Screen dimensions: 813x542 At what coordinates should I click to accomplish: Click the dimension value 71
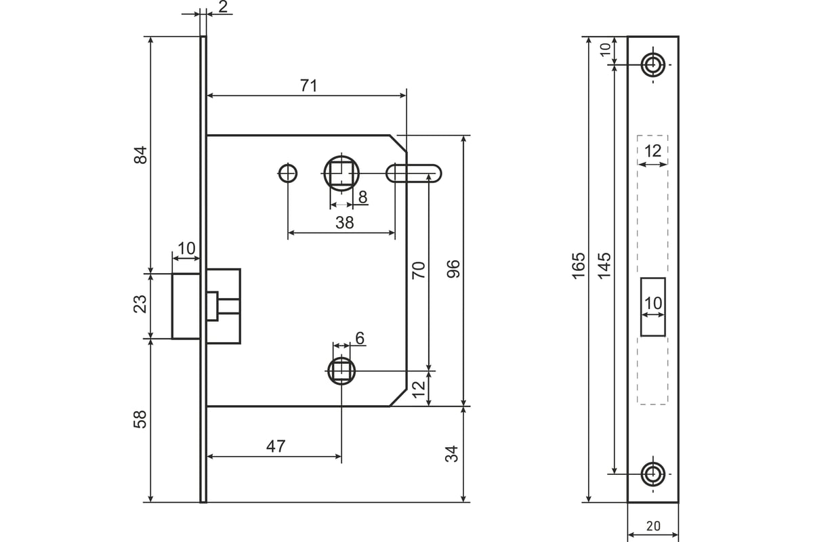[x=309, y=85]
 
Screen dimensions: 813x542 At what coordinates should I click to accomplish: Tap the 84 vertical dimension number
[x=140, y=155]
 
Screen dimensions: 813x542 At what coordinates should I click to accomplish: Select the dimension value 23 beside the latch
[x=140, y=304]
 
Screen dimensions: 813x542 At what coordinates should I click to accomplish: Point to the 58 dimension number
[x=140, y=419]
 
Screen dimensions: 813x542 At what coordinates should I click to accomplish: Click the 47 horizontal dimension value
[x=276, y=446]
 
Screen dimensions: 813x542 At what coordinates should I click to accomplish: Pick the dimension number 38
[x=344, y=222]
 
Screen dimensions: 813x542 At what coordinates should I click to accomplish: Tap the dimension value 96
[x=453, y=269]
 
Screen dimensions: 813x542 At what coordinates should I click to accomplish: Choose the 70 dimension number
[x=419, y=270]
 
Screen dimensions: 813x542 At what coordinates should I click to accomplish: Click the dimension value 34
[x=452, y=454]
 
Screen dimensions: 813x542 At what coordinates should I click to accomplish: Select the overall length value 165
[x=579, y=266]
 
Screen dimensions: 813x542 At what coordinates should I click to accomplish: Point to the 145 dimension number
[x=604, y=266]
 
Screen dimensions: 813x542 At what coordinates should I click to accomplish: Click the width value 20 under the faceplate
[x=653, y=526]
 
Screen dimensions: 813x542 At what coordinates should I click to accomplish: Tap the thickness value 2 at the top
[x=223, y=7]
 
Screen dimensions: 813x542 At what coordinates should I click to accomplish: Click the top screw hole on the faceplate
[x=653, y=65]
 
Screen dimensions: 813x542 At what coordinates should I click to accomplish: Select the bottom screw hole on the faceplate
[x=653, y=474]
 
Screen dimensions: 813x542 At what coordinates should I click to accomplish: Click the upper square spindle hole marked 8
[x=341, y=173]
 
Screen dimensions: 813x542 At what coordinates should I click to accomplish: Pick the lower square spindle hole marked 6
[x=341, y=371]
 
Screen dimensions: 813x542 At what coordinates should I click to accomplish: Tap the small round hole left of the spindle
[x=287, y=173]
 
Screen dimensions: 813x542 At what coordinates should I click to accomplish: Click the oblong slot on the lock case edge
[x=414, y=173]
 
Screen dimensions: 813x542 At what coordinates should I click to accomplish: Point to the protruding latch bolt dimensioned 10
[x=186, y=306]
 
